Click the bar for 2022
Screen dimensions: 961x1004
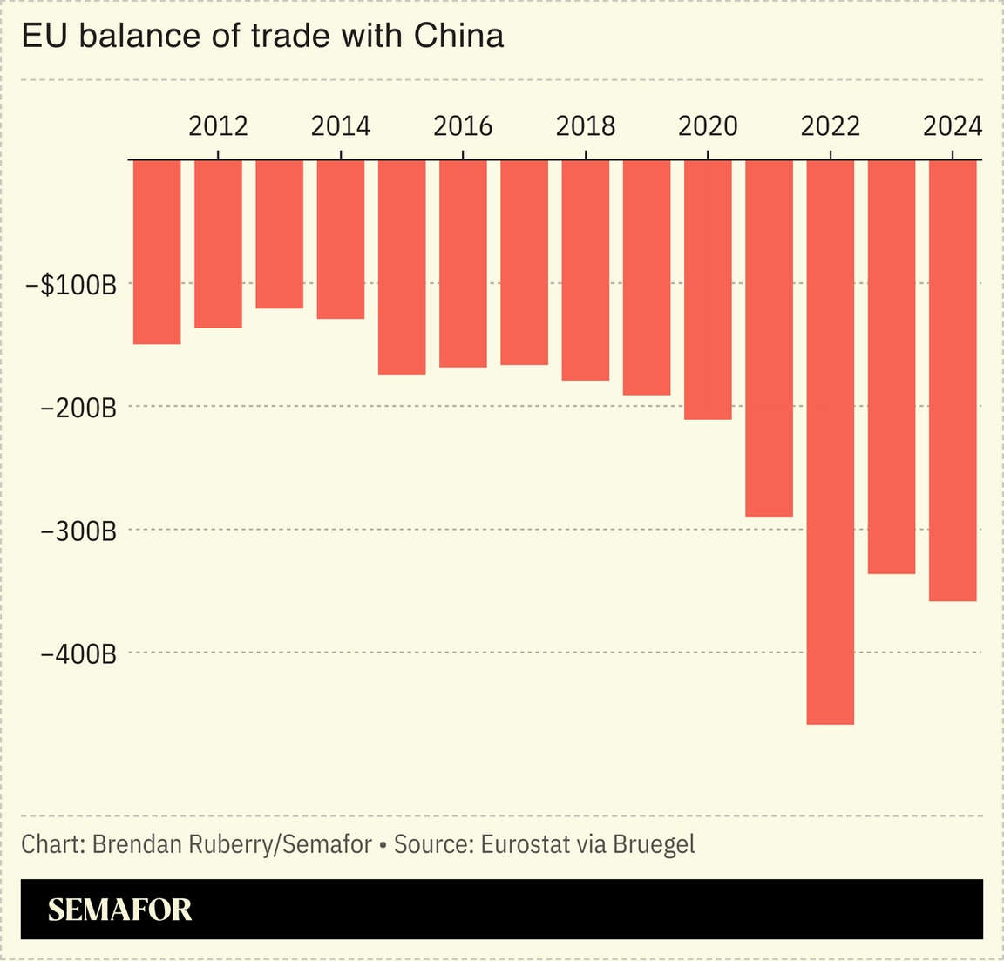click(830, 442)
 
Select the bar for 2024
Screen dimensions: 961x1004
click(953, 381)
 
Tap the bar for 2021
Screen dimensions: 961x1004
click(769, 338)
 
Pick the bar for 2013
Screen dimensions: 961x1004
click(279, 234)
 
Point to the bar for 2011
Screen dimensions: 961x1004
click(157, 253)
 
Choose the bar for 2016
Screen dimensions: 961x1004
click(463, 264)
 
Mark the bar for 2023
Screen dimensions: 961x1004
click(892, 367)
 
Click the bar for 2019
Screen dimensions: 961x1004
click(647, 278)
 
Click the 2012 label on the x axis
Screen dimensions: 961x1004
click(218, 126)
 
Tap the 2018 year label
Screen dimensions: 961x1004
click(585, 126)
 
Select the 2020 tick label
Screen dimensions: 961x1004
click(708, 126)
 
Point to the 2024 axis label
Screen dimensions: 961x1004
click(953, 126)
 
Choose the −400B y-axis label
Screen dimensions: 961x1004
click(78, 653)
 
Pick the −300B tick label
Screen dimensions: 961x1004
click(78, 530)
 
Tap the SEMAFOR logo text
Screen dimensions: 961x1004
click(119, 910)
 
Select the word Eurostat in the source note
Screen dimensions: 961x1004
click(528, 844)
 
